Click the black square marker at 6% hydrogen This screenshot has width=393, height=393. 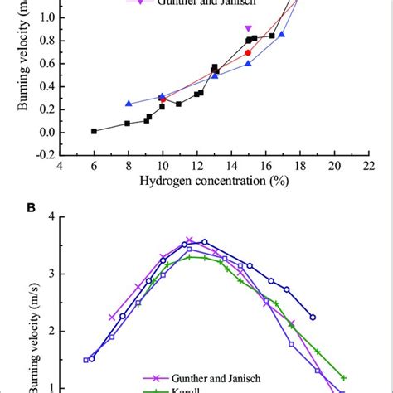pyautogui.click(x=94, y=131)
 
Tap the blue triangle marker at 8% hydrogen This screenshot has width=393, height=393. pyautogui.click(x=129, y=104)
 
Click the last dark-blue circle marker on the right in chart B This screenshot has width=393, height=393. pyautogui.click(x=313, y=317)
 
